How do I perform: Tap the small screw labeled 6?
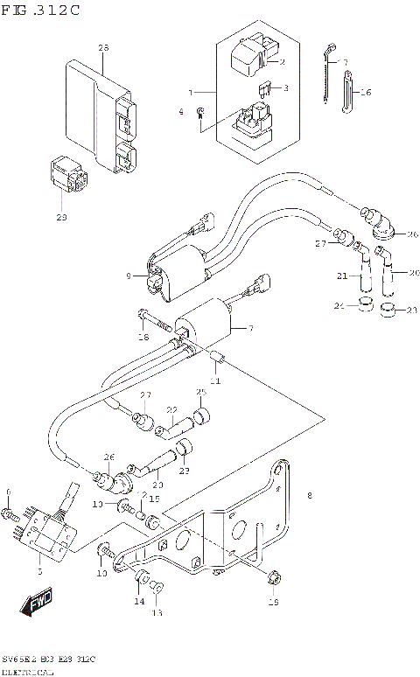point(11,513)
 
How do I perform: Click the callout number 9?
point(128,276)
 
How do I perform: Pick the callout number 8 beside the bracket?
point(309,497)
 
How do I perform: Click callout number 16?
point(366,92)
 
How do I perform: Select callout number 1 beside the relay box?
point(191,91)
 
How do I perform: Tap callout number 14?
point(138,602)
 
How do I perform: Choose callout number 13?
point(157,613)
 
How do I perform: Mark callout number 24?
point(339,306)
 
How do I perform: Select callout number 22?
point(172,409)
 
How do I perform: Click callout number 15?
point(156,499)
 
